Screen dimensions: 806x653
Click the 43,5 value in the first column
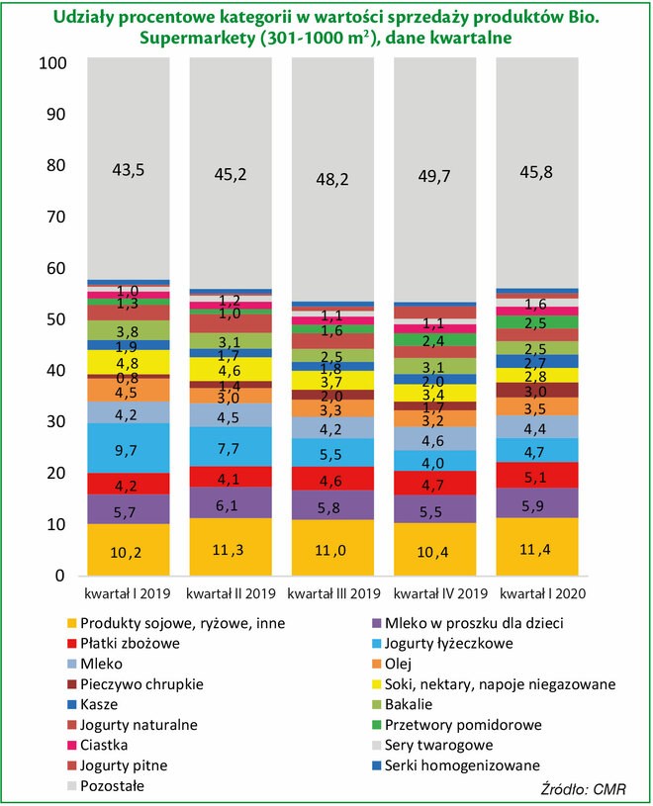pos(129,170)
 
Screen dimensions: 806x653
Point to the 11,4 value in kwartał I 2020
pos(536,550)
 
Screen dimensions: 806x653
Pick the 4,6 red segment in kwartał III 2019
pos(332,482)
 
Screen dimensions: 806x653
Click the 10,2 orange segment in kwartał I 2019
pos(129,550)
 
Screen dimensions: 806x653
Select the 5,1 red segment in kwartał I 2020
pos(536,477)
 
